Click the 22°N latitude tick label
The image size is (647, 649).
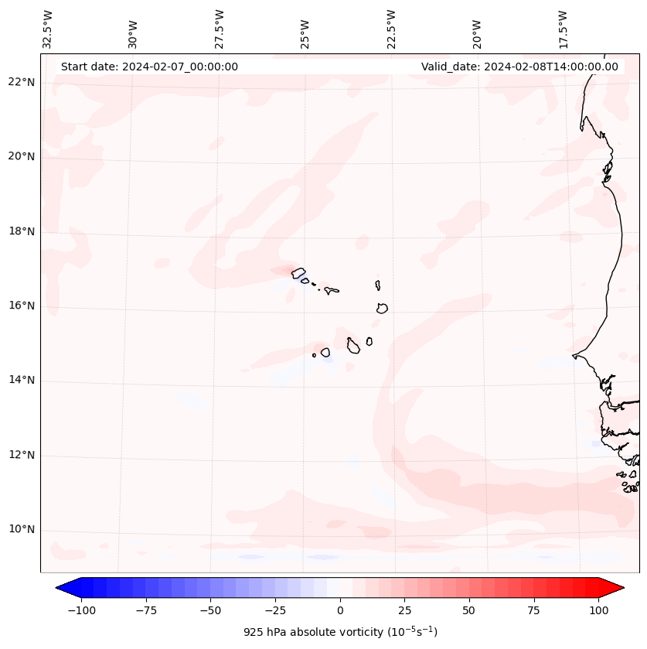coord(22,82)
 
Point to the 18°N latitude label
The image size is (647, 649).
coord(22,231)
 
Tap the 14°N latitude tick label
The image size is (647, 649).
coord(22,381)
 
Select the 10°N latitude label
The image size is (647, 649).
coord(22,530)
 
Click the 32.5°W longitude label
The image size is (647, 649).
coord(48,29)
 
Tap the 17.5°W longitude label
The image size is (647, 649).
coord(563,29)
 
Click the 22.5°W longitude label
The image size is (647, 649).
coord(391,29)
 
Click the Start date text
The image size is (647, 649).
coord(149,67)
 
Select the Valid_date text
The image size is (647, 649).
coord(519,67)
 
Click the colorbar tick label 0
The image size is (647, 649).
coord(339,610)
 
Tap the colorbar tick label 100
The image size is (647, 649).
coord(598,610)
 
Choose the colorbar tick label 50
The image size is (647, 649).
coord(468,610)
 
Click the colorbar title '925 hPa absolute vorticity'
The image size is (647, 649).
coord(340,632)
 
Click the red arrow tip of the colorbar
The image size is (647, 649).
coord(618,589)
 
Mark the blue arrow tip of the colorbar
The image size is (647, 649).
coord(61,589)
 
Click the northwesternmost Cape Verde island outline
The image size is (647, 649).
coord(298,272)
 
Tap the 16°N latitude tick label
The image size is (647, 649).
coord(22,306)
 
